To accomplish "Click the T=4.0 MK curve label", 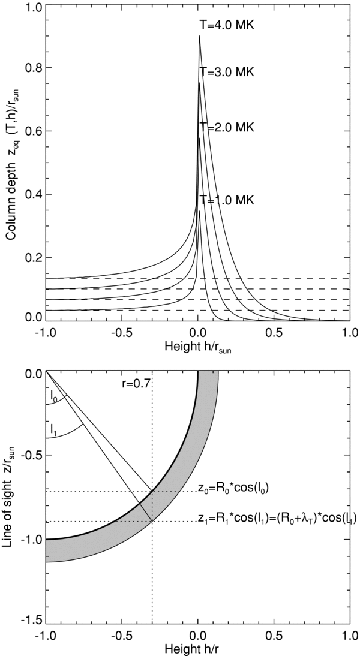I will (227, 26).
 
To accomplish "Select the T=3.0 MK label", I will (227, 72).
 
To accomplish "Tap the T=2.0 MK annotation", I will (227, 127).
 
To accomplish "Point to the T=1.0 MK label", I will (227, 199).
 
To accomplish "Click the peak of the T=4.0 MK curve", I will (199, 37).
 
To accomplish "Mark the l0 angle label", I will (55, 396).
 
